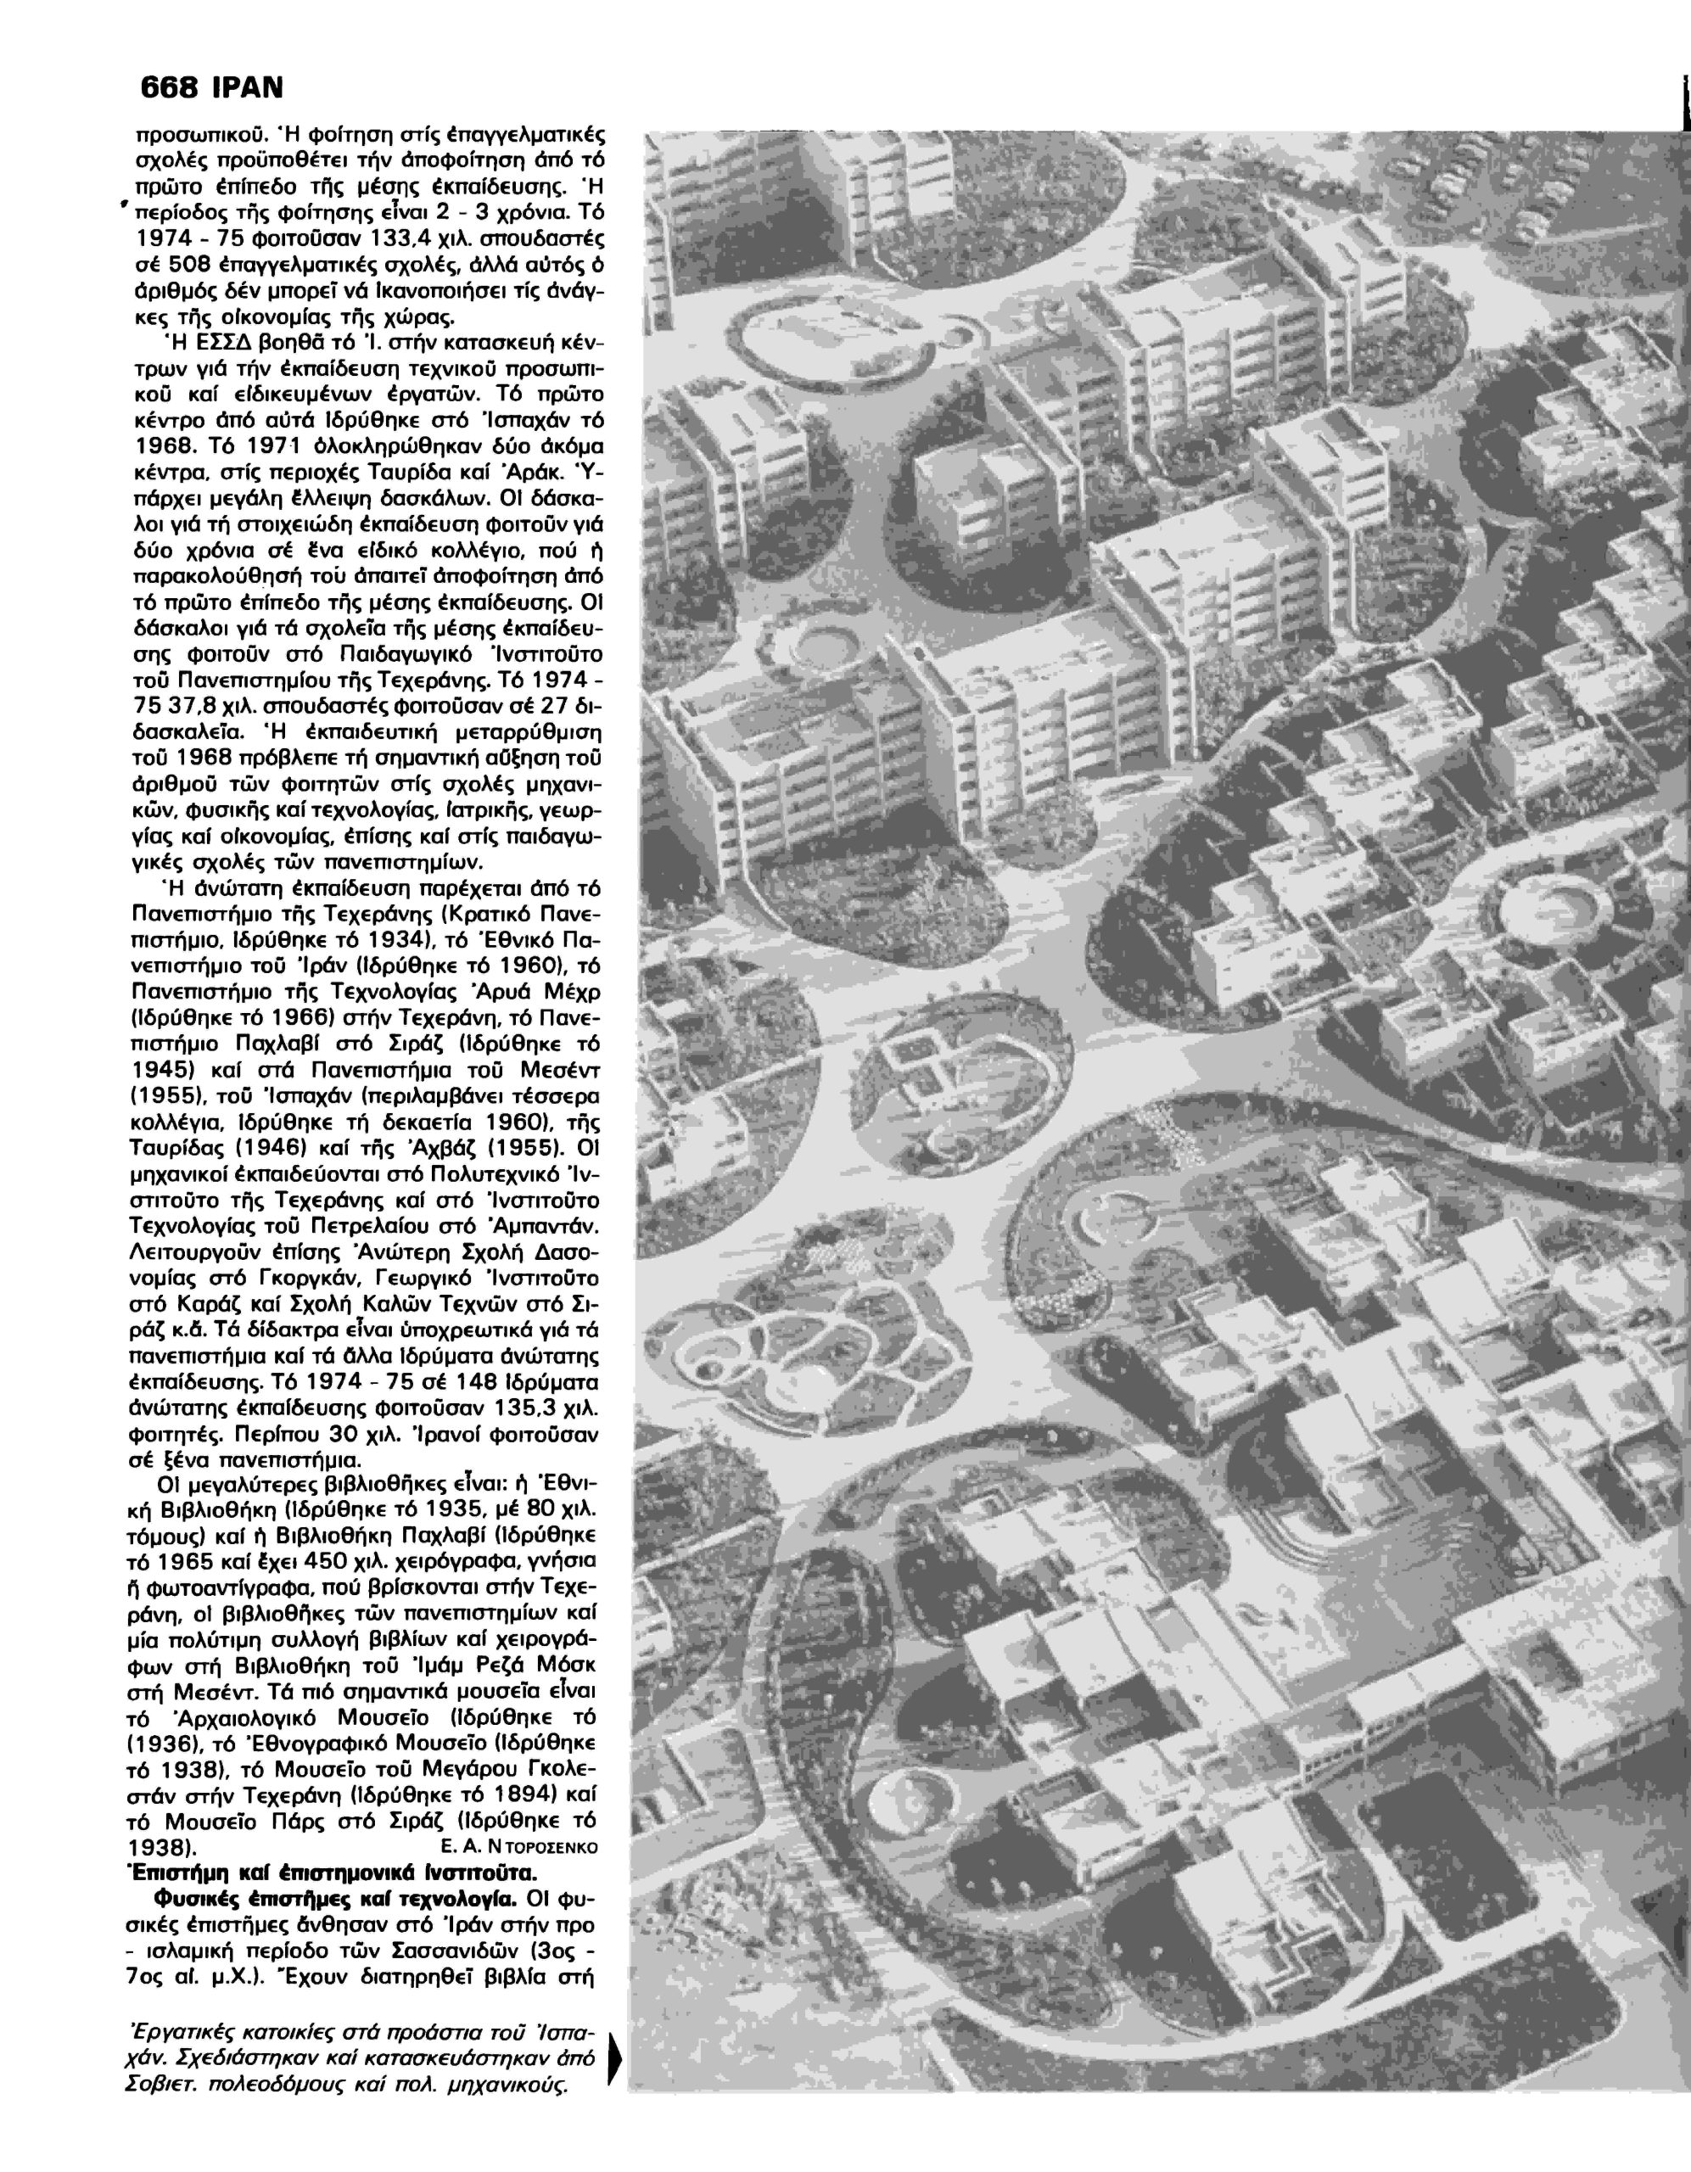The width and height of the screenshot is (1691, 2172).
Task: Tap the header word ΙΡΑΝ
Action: pos(247,88)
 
